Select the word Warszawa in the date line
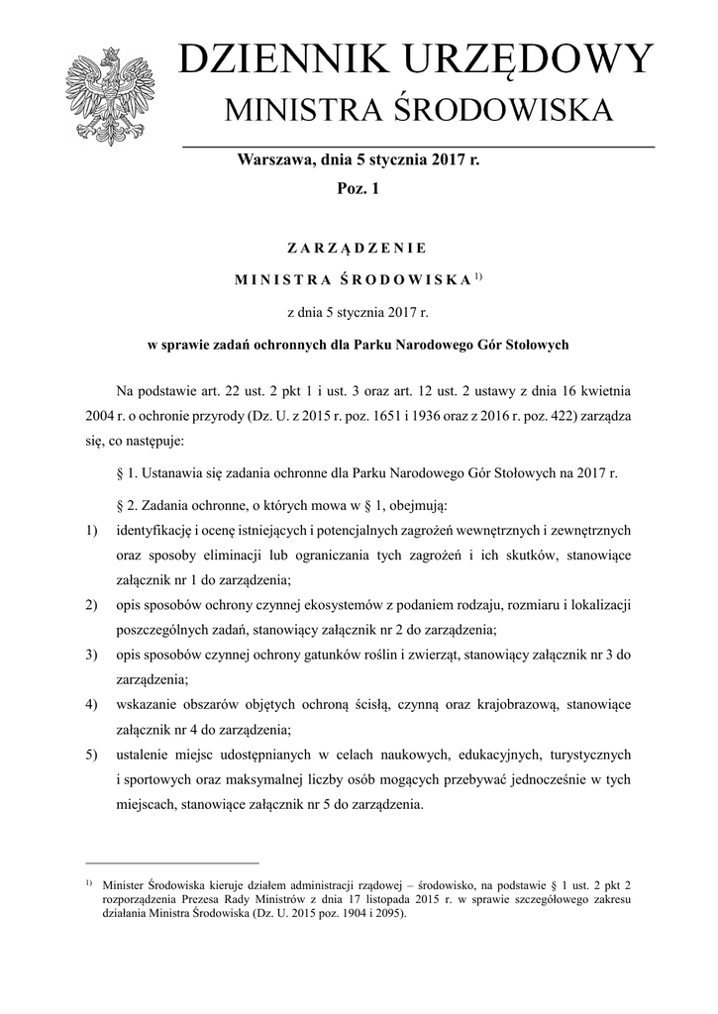(271, 158)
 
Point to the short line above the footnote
(170, 862)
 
